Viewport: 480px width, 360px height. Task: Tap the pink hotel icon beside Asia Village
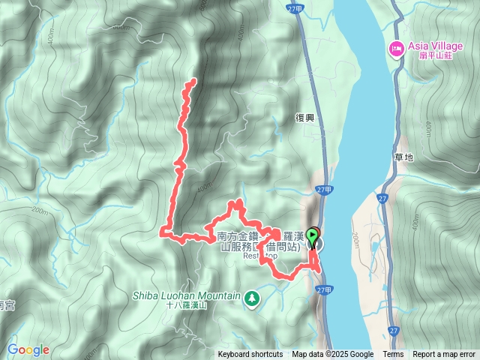tap(395, 49)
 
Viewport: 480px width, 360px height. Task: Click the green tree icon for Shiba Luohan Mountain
tap(252, 298)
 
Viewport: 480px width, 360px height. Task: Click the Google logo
tap(28, 349)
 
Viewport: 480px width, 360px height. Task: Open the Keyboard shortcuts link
tap(250, 355)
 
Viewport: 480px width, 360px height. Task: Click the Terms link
tap(393, 355)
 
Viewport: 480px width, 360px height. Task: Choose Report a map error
tap(444, 355)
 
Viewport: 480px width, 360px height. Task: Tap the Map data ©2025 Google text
tap(332, 355)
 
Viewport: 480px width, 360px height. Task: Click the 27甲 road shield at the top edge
tap(295, 7)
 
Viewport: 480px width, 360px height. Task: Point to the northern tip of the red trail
tap(194, 80)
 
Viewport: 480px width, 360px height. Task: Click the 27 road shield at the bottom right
tap(394, 329)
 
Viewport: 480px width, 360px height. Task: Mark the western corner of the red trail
tap(163, 232)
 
